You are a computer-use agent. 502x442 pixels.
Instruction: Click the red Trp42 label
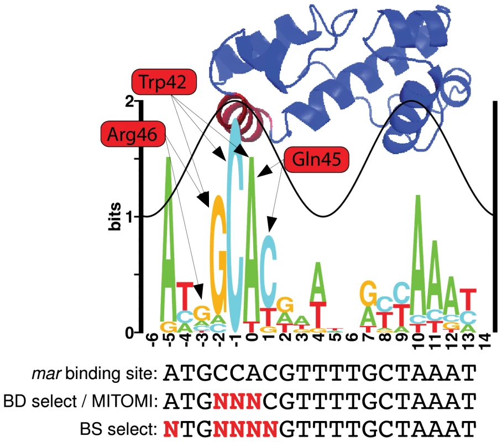tap(163, 82)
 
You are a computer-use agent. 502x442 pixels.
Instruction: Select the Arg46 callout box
tap(133, 134)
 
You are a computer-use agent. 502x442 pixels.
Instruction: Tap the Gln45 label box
tap(316, 160)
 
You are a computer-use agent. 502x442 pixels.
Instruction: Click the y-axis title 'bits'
tap(114, 217)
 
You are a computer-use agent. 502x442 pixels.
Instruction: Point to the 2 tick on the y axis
tap(129, 102)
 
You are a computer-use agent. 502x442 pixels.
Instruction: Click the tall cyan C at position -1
tap(236, 225)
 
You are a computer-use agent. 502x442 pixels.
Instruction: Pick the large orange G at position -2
tap(218, 255)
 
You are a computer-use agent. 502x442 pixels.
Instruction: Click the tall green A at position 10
tap(417, 255)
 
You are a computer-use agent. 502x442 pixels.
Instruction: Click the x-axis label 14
tap(485, 341)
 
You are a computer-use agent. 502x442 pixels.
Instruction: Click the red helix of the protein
tap(242, 117)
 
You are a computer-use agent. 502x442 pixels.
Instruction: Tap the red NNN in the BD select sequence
tap(237, 401)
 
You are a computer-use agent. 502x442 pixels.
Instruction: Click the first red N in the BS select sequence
tap(171, 429)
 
